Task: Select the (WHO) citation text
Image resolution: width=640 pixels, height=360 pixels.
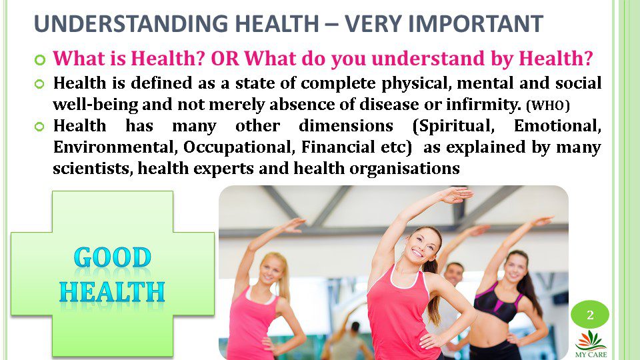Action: tap(548, 105)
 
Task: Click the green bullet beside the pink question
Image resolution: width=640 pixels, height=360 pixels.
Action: tap(39, 60)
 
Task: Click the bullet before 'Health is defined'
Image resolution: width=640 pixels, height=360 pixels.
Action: tap(39, 84)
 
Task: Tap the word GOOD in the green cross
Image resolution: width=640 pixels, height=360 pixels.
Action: tap(113, 257)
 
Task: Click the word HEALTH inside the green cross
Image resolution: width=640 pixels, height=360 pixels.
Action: tap(112, 292)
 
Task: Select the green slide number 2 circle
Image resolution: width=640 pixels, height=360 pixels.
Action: tap(590, 315)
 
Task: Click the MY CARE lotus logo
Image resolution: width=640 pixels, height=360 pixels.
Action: tap(591, 345)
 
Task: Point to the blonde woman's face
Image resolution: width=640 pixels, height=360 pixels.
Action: tap(271, 270)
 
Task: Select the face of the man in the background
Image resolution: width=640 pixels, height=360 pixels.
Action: tap(454, 275)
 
